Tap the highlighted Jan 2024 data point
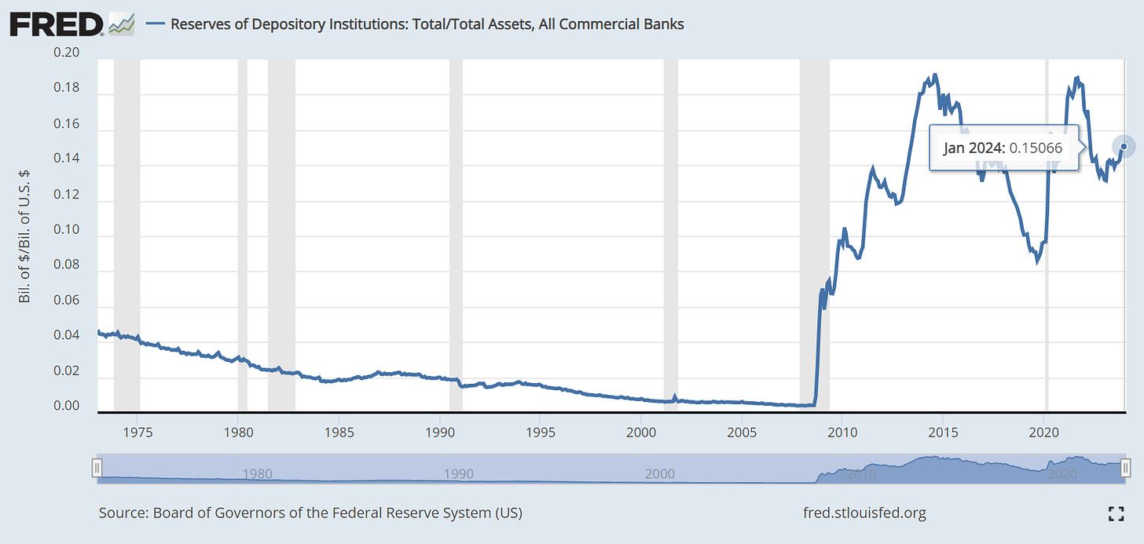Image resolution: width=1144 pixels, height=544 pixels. click(1124, 146)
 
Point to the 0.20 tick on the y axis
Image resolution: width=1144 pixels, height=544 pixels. click(68, 53)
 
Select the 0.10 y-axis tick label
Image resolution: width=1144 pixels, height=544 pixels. click(68, 230)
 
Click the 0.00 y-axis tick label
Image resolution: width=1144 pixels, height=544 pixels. click(68, 406)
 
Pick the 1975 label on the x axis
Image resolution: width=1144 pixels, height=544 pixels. click(137, 432)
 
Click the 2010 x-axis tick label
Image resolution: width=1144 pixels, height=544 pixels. click(841, 432)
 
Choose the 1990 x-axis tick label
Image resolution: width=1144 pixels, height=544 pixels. click(439, 432)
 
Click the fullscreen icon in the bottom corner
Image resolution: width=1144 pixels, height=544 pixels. click(1116, 514)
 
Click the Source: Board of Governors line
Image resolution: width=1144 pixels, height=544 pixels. click(310, 513)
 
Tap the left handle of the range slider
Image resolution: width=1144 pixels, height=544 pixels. click(97, 469)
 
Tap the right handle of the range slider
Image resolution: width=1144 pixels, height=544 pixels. click(1126, 469)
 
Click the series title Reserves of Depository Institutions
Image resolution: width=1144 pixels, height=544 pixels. click(427, 24)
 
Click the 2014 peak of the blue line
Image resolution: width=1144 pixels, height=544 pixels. click(934, 75)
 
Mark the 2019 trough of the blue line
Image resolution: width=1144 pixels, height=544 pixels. click(1037, 261)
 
